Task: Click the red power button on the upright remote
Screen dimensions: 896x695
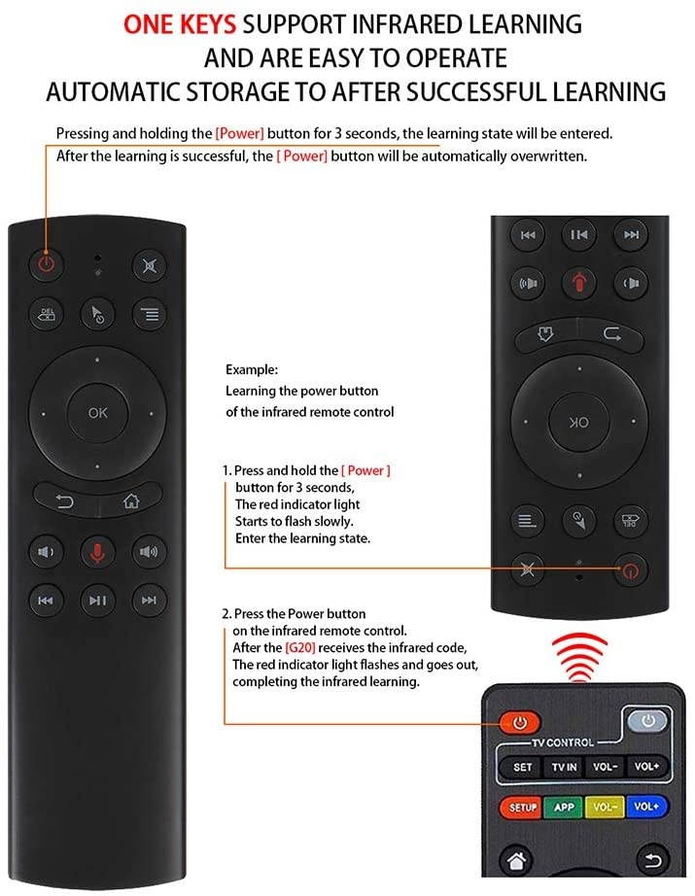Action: [x=45, y=263]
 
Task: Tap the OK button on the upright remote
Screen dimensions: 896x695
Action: [x=98, y=413]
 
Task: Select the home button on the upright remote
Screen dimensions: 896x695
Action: [x=130, y=501]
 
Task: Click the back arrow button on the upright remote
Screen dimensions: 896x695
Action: [x=65, y=501]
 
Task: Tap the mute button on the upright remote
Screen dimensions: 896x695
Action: [x=148, y=264]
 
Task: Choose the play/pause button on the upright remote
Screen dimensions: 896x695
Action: [x=97, y=600]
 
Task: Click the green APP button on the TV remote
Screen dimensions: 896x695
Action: [x=565, y=808]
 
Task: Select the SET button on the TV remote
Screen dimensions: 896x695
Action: [x=523, y=767]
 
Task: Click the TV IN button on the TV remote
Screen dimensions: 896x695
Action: [x=565, y=767]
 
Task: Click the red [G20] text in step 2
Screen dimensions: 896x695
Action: [x=296, y=647]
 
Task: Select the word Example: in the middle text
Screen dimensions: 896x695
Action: [x=252, y=370]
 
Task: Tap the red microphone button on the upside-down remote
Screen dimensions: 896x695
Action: [x=579, y=284]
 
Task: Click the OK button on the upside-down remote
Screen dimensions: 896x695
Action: [x=579, y=423]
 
